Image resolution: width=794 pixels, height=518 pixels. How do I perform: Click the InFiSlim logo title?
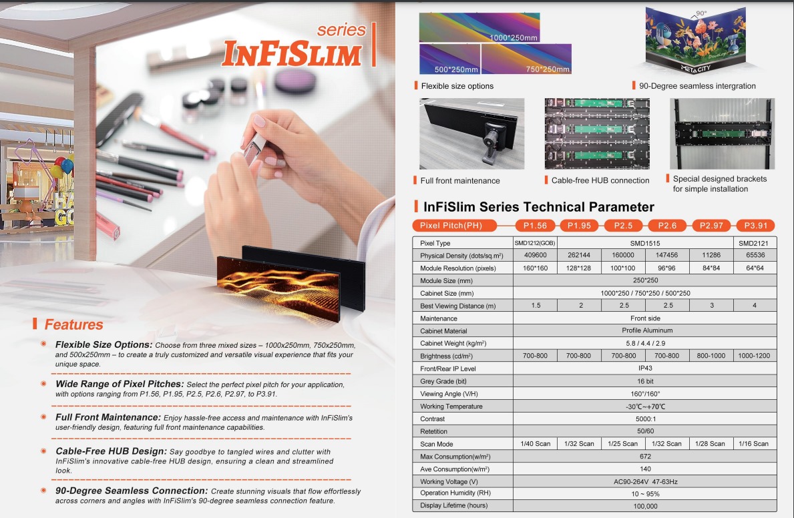coord(292,53)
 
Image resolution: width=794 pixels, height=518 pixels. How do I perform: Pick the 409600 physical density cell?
coord(536,255)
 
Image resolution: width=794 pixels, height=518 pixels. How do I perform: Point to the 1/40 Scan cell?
coord(536,443)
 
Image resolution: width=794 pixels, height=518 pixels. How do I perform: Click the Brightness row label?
coord(446,356)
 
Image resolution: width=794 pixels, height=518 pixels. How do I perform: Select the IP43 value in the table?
coord(645,368)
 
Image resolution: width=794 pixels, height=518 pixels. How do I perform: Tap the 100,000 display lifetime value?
coord(645,506)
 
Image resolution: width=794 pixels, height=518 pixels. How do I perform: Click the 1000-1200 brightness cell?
coord(754,356)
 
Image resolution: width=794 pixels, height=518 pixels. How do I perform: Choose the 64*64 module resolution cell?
coord(755,268)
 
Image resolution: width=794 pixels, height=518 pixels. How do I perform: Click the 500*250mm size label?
coord(456,69)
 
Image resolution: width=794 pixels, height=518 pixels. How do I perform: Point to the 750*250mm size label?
coord(548,69)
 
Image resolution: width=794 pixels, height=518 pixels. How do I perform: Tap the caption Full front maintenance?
coord(460,181)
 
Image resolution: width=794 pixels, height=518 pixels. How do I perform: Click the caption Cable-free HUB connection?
coord(600,180)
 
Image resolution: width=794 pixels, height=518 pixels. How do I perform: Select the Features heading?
coord(73,324)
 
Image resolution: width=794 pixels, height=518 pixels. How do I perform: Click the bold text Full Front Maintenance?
coord(108,417)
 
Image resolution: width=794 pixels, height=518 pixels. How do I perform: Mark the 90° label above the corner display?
coord(701,13)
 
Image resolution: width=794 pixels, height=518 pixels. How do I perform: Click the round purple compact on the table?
coord(295,81)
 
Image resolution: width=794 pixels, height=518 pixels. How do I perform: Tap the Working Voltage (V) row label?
coord(449,481)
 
